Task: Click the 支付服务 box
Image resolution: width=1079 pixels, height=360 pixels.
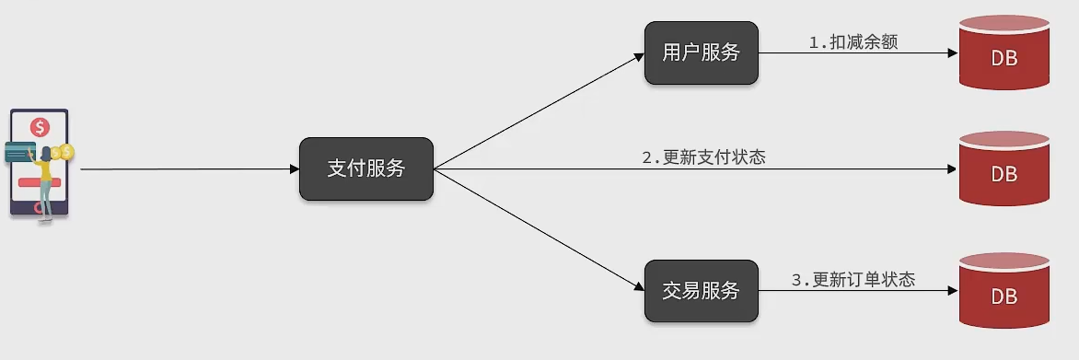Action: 366,168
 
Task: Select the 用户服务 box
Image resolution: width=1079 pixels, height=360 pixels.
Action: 702,53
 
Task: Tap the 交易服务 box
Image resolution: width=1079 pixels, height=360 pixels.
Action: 702,291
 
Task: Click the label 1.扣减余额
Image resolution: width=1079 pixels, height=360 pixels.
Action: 853,41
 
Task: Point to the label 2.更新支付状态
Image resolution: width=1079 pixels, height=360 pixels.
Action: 703,157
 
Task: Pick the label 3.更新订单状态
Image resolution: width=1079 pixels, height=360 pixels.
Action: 853,280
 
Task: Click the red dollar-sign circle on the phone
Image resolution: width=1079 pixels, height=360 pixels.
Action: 39,127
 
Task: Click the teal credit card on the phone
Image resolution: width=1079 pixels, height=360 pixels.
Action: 19,152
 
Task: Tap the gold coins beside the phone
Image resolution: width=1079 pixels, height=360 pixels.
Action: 63,152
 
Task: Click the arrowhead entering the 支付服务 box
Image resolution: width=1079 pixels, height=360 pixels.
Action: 295,169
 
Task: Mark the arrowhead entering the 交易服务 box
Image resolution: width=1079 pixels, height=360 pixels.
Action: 639,286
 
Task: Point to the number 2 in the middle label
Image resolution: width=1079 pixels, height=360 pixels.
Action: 646,157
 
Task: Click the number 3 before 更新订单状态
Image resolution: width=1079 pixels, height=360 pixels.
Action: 796,280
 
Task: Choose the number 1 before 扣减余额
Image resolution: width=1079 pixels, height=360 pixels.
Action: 813,41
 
